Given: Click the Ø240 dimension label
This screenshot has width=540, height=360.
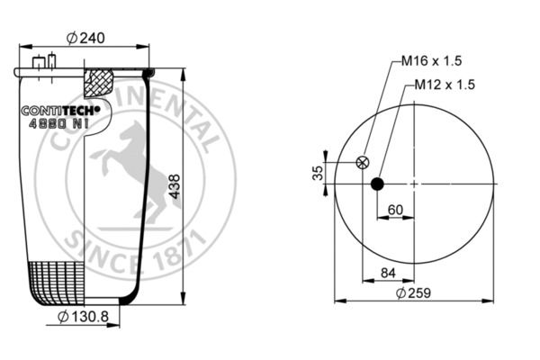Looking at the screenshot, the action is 85,38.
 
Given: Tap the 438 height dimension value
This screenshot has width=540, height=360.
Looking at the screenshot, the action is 175,186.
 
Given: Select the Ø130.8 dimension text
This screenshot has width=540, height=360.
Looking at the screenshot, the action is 83,316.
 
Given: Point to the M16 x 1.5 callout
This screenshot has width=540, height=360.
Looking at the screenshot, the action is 431,61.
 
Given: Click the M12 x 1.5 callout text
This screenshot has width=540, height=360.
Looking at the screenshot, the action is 445,85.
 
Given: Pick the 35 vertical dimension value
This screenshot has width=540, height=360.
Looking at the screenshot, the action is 318,173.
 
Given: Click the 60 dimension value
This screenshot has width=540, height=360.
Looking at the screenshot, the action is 395,210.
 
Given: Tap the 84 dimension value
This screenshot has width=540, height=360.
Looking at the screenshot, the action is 388,273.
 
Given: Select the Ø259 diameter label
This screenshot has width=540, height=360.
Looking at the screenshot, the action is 413,293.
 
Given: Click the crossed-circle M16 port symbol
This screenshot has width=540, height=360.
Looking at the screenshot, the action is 363,162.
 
